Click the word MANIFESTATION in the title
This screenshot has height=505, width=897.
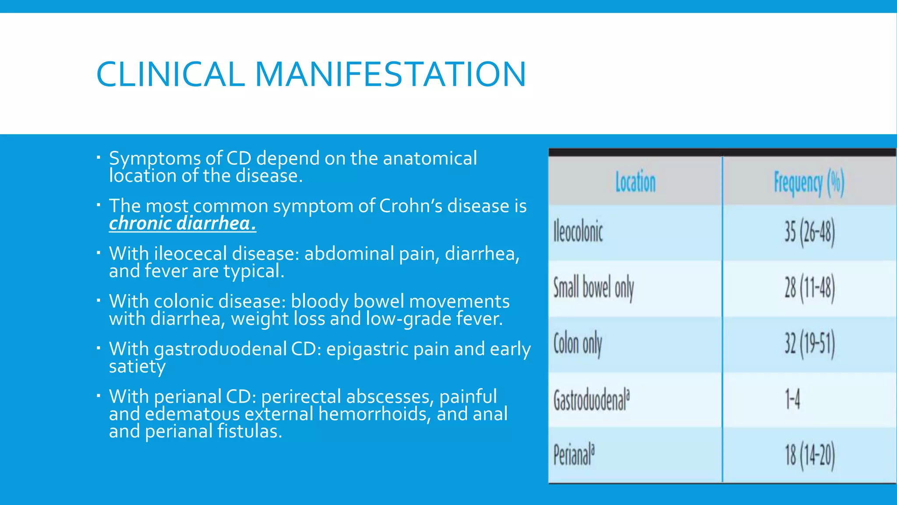coord(390,74)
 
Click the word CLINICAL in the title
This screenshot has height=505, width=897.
coord(170,74)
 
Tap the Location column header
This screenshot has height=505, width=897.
coord(635,182)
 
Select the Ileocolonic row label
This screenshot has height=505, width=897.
coord(578,232)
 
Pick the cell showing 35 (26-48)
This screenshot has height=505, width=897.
coord(809,232)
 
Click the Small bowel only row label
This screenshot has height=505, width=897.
coord(593,288)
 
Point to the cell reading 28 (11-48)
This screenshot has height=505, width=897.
coord(809,288)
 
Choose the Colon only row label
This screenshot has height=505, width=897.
coord(578,344)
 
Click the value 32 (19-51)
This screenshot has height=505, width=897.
coord(809,344)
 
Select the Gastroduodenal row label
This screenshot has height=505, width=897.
coord(591,400)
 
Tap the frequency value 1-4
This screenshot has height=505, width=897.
coord(792,400)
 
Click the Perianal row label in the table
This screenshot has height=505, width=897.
coord(574,455)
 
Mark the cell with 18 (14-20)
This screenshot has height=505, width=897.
coord(809,455)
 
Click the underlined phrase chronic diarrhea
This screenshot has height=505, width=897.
coord(182,224)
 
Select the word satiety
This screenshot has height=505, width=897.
coord(137,366)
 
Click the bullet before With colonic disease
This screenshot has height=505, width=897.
coord(99,301)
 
